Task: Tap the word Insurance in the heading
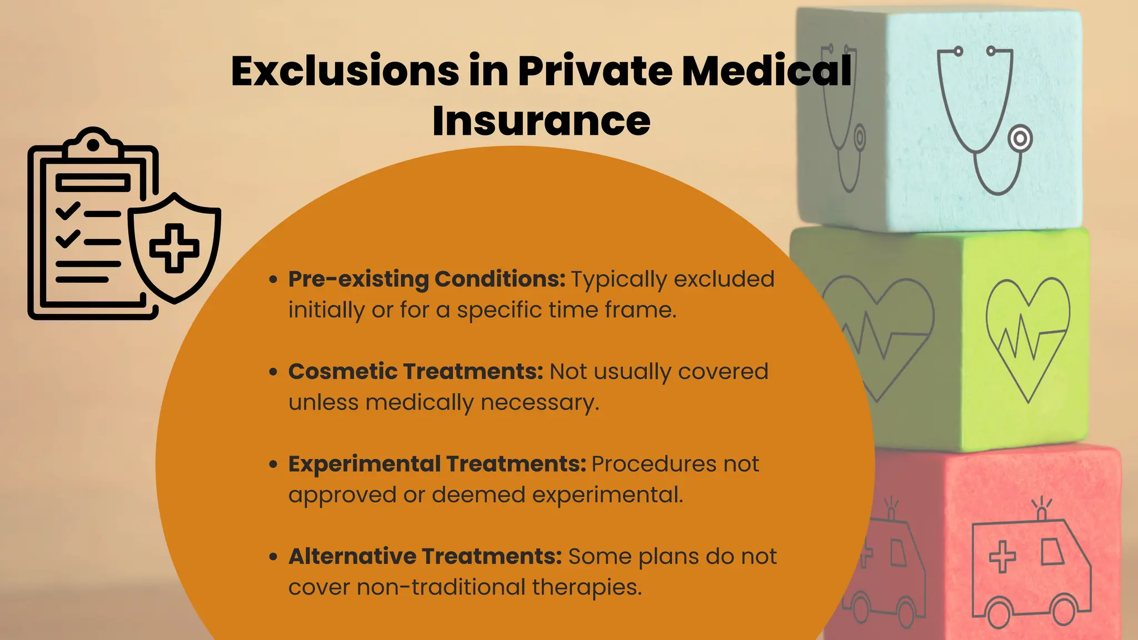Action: tap(541, 121)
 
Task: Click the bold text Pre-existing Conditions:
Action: tap(427, 279)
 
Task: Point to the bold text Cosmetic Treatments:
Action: tap(416, 371)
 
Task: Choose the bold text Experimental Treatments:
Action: tap(437, 464)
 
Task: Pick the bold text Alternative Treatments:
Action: tap(425, 556)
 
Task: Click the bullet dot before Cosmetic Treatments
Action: tap(273, 372)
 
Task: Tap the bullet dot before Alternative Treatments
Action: tap(273, 556)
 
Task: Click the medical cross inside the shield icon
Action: tap(174, 248)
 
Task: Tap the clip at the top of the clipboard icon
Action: tap(93, 143)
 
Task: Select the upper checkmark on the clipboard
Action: tap(68, 211)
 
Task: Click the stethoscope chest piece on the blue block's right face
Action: tap(1020, 139)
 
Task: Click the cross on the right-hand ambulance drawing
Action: tap(1002, 556)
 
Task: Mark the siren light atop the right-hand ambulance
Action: tap(1042, 513)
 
